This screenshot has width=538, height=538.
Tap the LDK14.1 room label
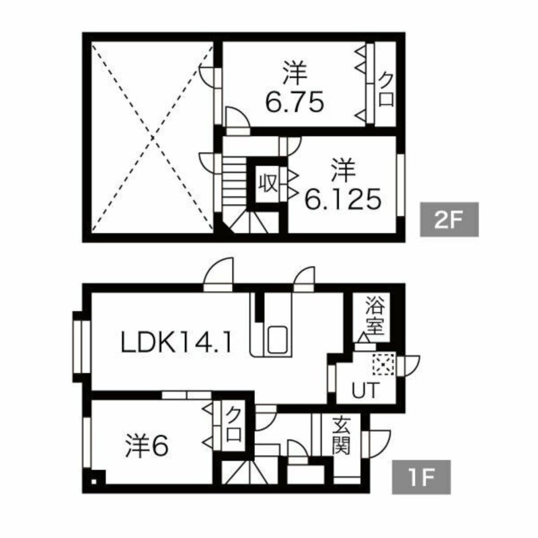click(x=176, y=344)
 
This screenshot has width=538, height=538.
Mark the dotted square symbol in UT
click(x=382, y=364)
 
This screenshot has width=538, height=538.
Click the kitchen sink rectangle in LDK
click(x=277, y=340)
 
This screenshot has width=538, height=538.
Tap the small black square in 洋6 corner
click(x=95, y=481)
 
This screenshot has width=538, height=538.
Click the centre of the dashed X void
click(x=151, y=135)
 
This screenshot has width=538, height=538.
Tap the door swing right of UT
click(x=409, y=364)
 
